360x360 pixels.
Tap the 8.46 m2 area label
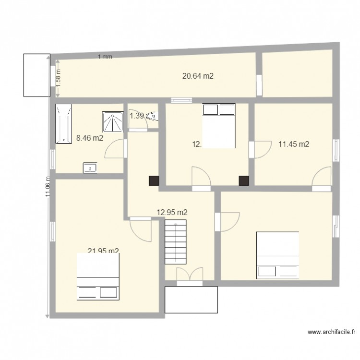tap(90, 139)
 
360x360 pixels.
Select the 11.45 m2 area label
tap(293, 144)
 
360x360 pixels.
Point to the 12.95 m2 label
tap(172, 212)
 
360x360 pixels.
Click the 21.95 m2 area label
tap(103, 251)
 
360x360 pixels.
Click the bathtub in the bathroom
tap(63, 123)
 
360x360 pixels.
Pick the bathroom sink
tap(90, 168)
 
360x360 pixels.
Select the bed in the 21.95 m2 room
tap(98, 276)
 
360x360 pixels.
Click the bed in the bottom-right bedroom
tap(278, 255)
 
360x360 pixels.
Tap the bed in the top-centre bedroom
tap(218, 126)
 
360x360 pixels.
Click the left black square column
tap(154, 180)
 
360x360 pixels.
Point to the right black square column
tap(244, 180)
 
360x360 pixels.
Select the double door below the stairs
tap(189, 275)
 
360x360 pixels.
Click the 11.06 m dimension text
tap(48, 185)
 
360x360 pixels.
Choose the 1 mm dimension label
tap(105, 57)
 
